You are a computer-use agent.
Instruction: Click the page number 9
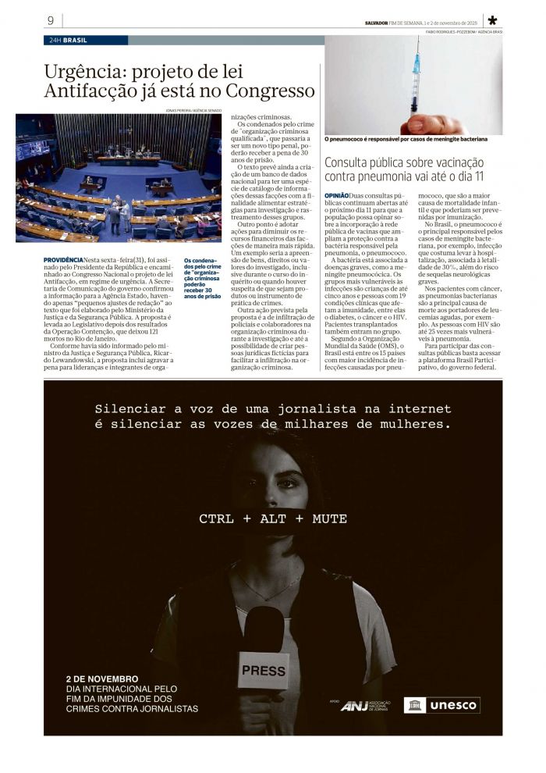(x=51, y=20)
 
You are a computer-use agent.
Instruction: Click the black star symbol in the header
(x=492, y=21)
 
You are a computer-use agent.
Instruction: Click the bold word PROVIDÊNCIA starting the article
(x=63, y=259)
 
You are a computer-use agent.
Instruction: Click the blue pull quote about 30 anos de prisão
(x=202, y=278)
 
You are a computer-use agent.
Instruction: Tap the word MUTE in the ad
(x=330, y=518)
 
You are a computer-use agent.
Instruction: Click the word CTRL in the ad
(x=215, y=518)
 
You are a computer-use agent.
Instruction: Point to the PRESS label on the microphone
(x=264, y=670)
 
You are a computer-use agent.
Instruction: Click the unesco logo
(x=441, y=705)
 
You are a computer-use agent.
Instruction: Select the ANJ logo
(x=355, y=706)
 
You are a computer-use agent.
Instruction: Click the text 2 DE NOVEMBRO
(x=102, y=679)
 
